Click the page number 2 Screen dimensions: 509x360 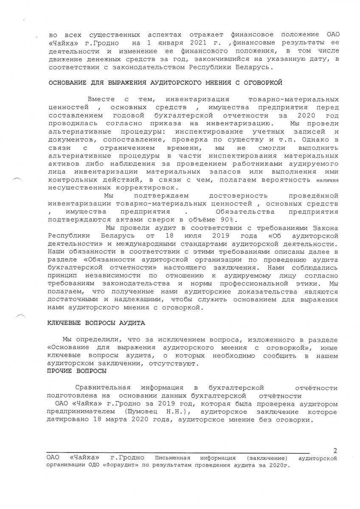pos(335,450)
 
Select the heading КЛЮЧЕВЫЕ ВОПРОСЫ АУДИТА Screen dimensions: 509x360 pos(96,323)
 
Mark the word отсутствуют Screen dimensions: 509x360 pos(173,364)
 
